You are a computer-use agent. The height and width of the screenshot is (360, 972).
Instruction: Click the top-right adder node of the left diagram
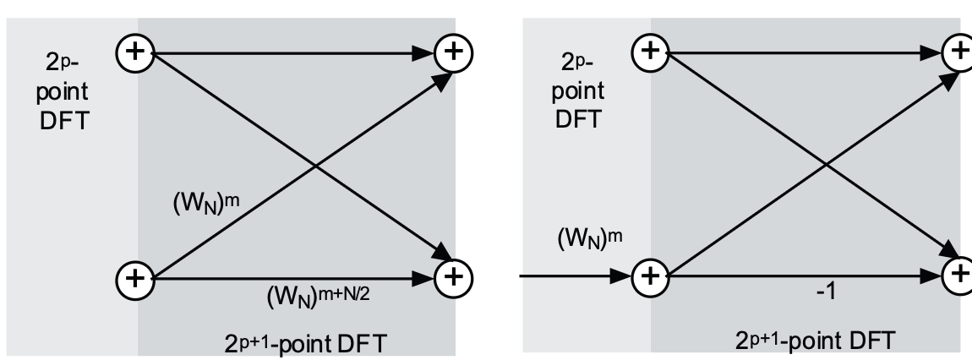[453, 52]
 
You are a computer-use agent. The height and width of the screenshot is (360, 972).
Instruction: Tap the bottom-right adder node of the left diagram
[453, 276]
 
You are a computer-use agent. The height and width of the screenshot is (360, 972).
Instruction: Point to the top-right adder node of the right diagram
[960, 52]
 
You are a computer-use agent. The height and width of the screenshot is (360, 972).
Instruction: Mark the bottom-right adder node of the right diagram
[960, 275]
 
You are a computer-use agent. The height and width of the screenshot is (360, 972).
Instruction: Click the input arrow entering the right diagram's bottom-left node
[575, 275]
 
